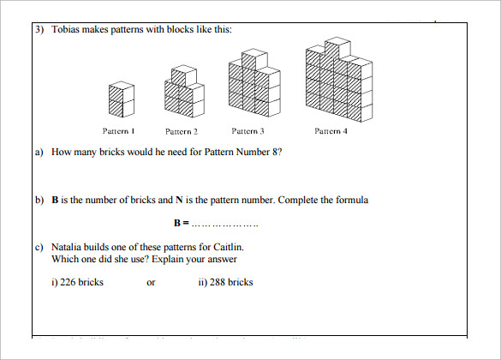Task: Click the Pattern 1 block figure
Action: click(121, 100)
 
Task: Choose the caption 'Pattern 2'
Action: click(182, 131)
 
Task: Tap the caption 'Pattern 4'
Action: click(331, 131)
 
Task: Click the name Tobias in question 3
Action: click(67, 29)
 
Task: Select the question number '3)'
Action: click(40, 29)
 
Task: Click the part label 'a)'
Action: click(39, 153)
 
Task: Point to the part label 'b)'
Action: click(39, 201)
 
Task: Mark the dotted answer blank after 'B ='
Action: click(224, 224)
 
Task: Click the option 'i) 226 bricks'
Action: click(78, 282)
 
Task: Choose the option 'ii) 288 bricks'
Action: click(225, 282)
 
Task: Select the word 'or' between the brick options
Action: click(151, 282)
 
